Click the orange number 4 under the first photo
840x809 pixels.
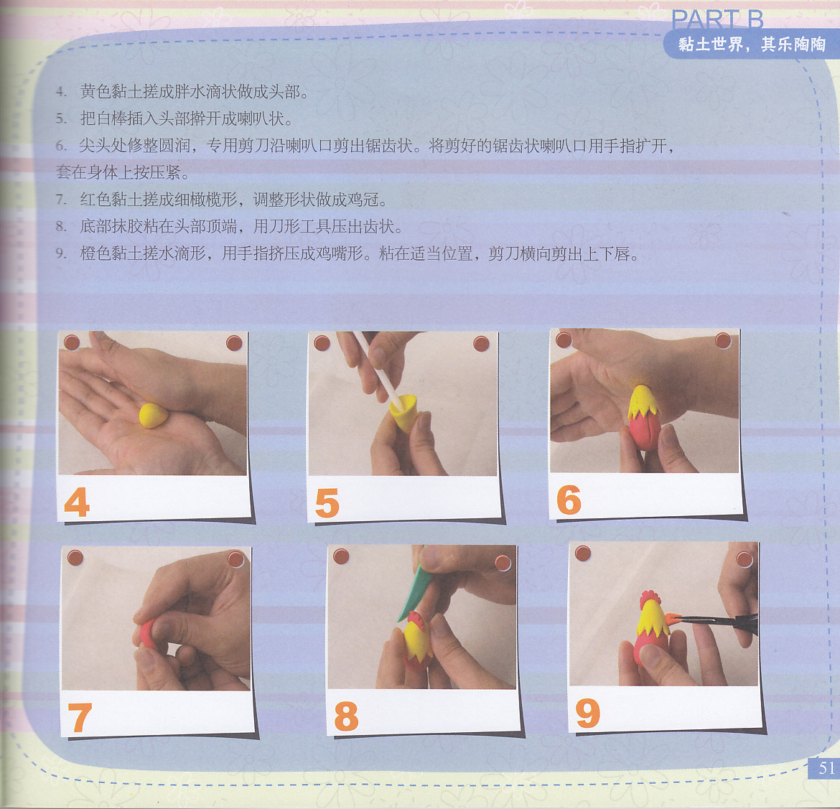tap(77, 502)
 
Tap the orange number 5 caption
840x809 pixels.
tap(327, 502)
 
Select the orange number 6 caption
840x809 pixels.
tap(569, 500)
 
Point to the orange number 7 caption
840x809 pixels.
tap(79, 717)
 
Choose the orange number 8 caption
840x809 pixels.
tap(346, 716)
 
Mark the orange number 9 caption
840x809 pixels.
tap(588, 713)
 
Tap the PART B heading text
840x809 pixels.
tap(717, 20)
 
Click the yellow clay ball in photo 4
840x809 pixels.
tap(153, 415)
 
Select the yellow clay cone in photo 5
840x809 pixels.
tap(404, 412)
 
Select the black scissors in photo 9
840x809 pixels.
tap(718, 622)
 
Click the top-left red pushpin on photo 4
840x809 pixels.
tap(72, 342)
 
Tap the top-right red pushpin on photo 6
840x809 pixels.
tap(723, 340)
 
